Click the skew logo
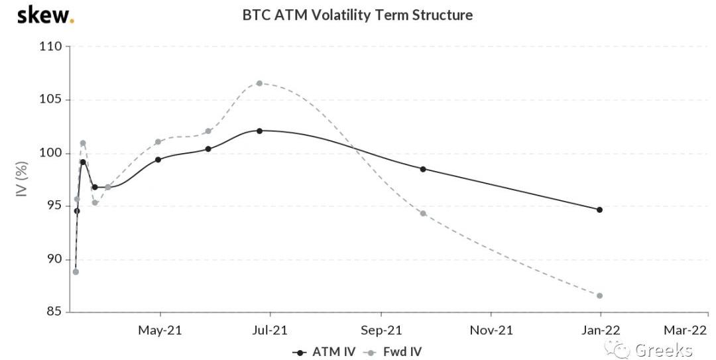pos(45,15)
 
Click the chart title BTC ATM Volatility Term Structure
pos(357,15)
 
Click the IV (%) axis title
pos(21,180)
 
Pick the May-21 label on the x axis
pos(160,330)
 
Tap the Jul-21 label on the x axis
pos(270,330)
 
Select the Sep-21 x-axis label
pos(381,330)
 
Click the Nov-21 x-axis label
pos(491,330)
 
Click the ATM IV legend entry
pos(324,351)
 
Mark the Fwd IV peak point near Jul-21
pos(259,84)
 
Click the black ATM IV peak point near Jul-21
pos(259,131)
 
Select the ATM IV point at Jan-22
pos(600,210)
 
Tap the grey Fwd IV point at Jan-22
pos(600,296)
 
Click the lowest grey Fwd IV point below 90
pos(76,272)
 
